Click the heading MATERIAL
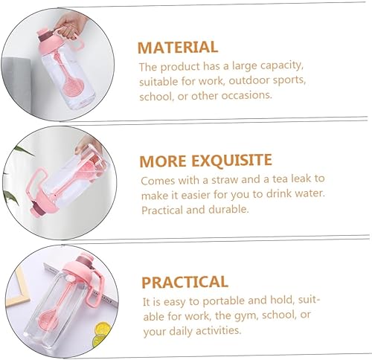(178, 47)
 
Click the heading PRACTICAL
(185, 282)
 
